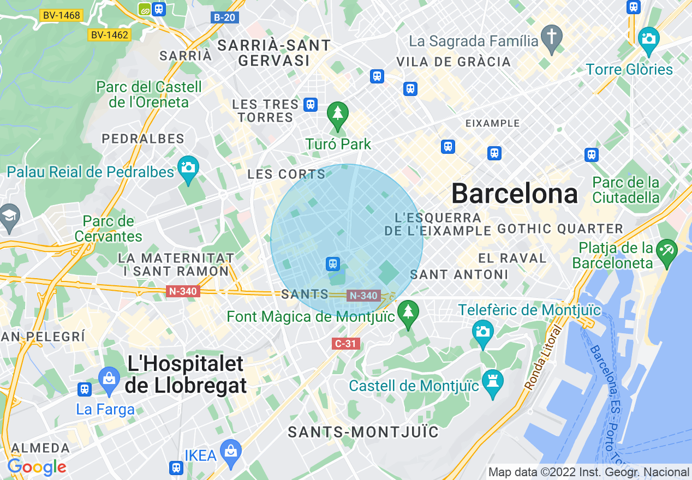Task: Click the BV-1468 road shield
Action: (61, 15)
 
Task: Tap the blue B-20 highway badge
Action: (224, 17)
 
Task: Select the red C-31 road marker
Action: (345, 344)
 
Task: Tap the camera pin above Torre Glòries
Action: (649, 39)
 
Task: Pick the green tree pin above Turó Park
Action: (337, 114)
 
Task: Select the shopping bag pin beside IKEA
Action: (231, 452)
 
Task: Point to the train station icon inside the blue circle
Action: (332, 264)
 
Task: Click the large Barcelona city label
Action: (515, 194)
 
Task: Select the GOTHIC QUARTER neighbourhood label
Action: (560, 229)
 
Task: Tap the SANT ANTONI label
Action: (459, 274)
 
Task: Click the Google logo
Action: (37, 467)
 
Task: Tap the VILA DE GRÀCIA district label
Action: (454, 62)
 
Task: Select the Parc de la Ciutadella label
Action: (626, 189)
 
